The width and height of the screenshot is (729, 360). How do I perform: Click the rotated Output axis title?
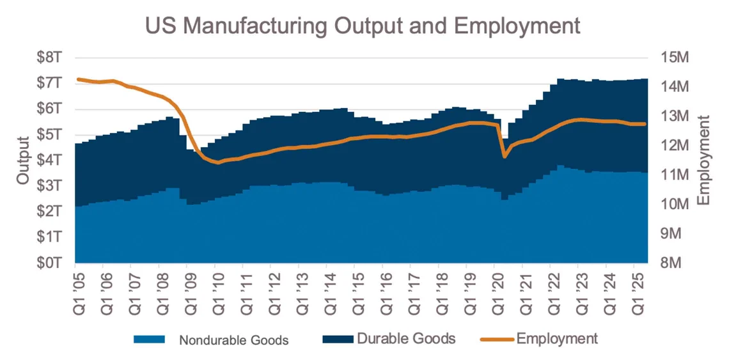pos(24,160)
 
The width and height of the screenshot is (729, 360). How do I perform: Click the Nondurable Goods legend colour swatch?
pos(149,339)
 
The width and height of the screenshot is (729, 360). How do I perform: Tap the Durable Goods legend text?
pos(406,339)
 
